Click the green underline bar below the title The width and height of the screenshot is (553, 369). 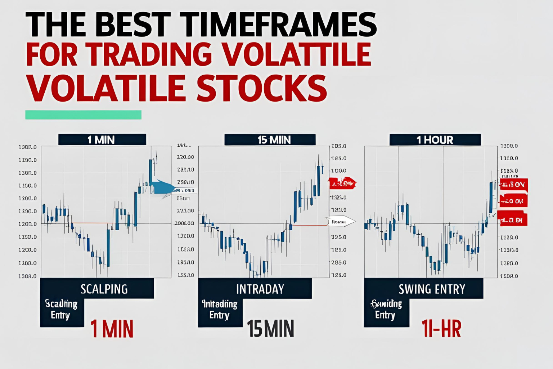[83, 115]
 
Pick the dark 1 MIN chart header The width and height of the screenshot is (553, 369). [102, 139]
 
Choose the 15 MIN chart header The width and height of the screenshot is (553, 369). [270, 139]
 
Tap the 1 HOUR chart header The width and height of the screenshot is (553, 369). [435, 139]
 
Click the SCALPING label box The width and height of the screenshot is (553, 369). [104, 289]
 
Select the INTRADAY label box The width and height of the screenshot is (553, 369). [260, 289]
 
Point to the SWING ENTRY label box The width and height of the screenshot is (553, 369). [432, 289]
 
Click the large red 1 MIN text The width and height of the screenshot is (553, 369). [112, 329]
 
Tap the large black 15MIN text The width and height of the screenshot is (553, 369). [270, 329]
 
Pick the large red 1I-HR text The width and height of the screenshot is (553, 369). [441, 329]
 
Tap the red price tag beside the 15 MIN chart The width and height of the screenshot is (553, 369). [342, 183]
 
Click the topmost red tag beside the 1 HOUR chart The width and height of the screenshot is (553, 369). [514, 184]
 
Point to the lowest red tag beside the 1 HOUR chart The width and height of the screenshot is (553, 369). [514, 219]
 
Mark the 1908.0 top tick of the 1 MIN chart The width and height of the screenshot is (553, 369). [27, 147]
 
